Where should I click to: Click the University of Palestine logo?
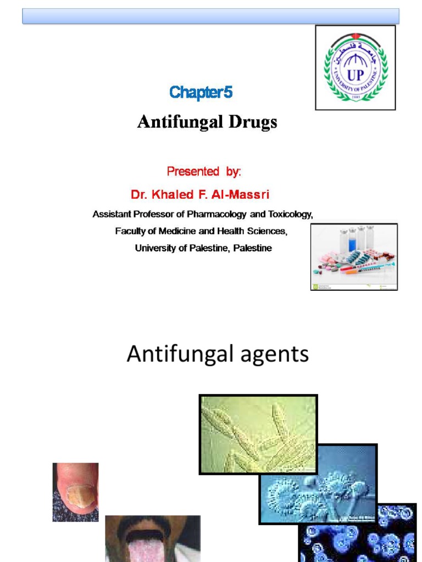coord(355,68)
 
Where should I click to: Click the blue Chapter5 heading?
coord(201,93)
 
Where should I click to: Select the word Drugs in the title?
coord(251,122)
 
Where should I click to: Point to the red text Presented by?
coord(204,171)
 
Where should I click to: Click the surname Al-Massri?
coord(241,194)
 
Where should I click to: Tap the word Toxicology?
coord(290,214)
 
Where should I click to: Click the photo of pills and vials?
coord(354,256)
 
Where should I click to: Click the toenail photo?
coord(75,492)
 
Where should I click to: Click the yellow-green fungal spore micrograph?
coord(258,434)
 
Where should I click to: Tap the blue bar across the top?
coord(210,16)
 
